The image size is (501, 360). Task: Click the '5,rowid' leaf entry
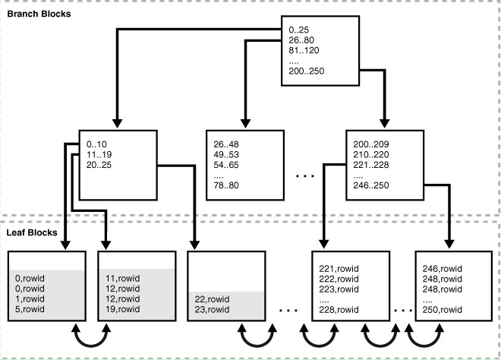tap(30, 308)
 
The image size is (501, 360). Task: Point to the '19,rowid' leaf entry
tap(123, 308)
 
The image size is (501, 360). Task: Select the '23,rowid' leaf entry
tap(213, 308)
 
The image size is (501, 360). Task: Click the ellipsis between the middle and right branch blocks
tap(304, 175)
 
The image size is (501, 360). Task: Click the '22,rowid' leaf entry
tap(213, 298)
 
